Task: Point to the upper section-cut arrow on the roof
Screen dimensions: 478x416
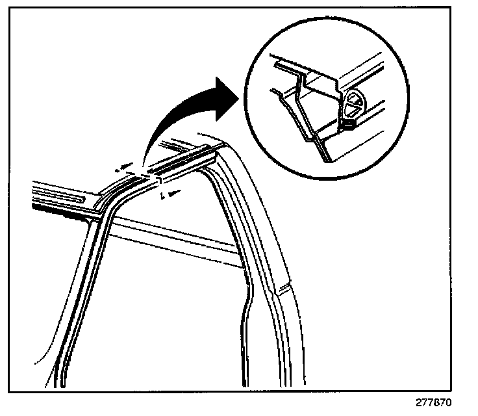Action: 123,168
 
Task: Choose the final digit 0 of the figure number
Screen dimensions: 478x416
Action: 448,402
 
